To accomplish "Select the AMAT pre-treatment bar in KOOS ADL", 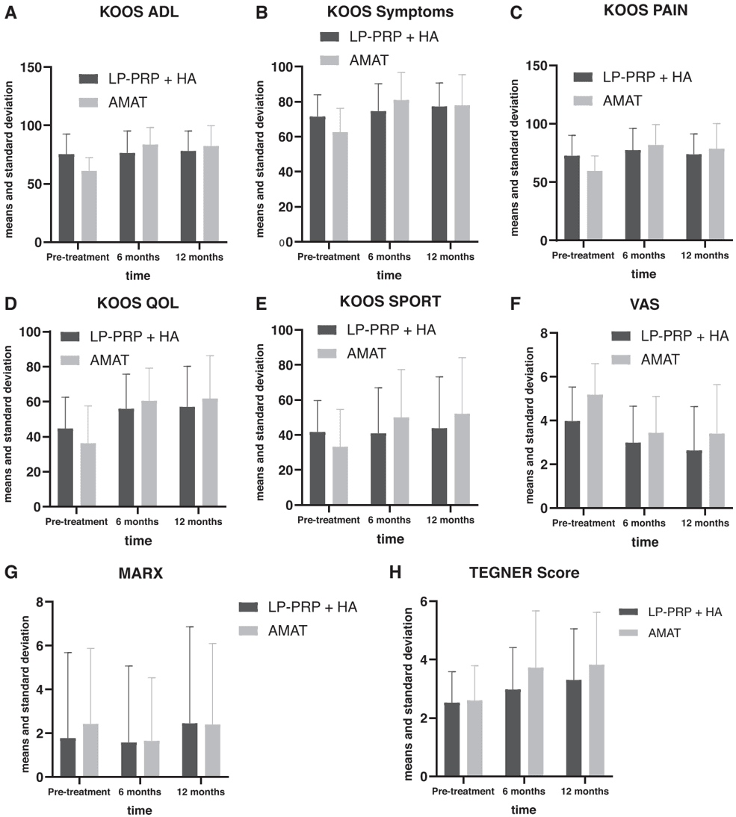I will coord(89,207).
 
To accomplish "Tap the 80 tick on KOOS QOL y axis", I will coord(34,367).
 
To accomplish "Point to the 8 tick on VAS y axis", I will coord(542,333).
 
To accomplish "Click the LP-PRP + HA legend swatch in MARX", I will coord(253,606).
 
